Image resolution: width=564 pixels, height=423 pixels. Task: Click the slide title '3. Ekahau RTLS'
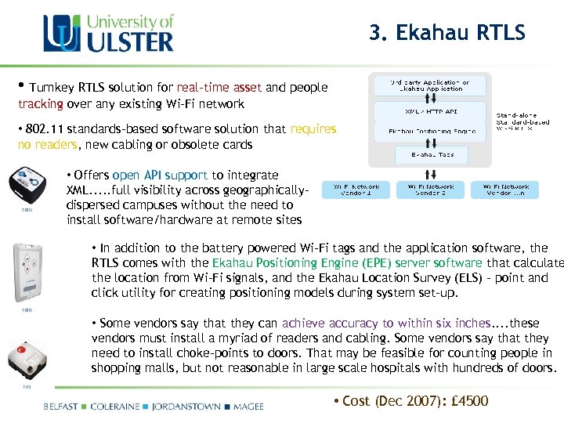tap(447, 33)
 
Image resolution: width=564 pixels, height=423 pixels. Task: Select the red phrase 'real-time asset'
tap(220, 88)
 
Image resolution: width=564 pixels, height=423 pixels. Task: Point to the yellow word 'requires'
tap(313, 128)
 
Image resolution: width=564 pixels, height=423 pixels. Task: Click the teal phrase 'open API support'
tap(161, 175)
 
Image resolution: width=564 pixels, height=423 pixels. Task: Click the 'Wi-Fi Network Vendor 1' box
tap(357, 190)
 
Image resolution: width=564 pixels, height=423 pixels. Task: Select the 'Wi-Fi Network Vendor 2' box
tap(430, 190)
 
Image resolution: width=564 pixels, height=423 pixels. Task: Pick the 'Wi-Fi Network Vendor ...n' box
tap(505, 190)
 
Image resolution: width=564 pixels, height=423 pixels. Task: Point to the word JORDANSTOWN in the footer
tap(186, 407)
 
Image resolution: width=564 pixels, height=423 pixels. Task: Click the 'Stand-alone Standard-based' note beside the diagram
tap(523, 121)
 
